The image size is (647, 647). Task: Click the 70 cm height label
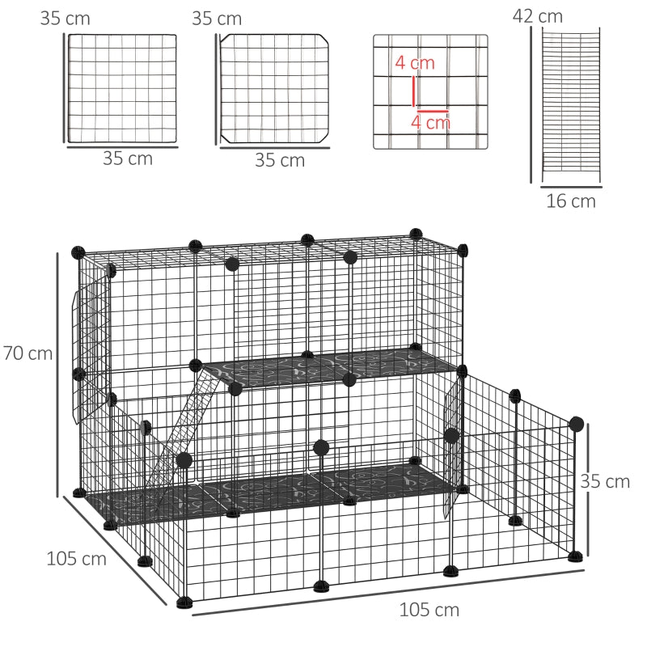point(27,353)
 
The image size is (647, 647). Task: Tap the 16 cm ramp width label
point(571,201)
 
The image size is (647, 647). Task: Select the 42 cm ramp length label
point(538,16)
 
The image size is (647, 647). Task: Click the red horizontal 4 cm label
point(430,123)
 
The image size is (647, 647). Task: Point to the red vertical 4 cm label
point(415,63)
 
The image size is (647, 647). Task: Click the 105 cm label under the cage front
point(429,609)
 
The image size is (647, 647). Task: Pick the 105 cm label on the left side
point(76,558)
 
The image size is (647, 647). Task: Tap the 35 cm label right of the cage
point(605,481)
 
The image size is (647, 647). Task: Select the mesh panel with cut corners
point(275,88)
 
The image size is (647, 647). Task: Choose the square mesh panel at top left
point(122,88)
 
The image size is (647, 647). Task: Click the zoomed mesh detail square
point(430,91)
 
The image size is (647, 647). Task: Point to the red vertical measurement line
point(414,89)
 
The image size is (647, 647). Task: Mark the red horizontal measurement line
point(433,112)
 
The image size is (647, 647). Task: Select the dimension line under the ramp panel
point(571,185)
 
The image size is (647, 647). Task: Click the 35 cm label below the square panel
point(128,159)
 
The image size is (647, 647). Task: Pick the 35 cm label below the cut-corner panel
point(280,160)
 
